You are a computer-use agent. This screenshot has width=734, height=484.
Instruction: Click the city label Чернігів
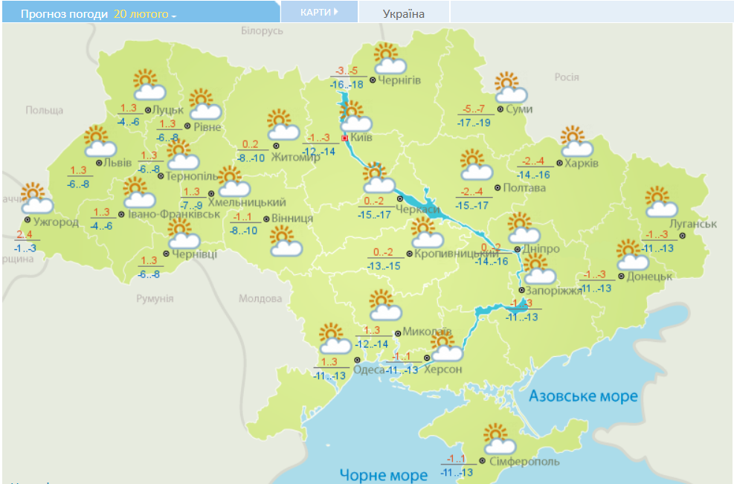(399, 80)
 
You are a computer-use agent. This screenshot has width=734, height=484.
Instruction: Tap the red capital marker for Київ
(345, 138)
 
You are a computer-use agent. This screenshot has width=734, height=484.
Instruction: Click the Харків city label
(580, 163)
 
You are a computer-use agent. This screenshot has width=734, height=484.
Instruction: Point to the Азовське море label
(583, 396)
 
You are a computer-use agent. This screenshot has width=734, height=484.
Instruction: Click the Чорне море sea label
(383, 474)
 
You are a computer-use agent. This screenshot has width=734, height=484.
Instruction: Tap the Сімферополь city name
(524, 462)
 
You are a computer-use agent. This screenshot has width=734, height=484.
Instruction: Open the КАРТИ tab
(319, 13)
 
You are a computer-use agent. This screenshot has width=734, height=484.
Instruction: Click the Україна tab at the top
(404, 13)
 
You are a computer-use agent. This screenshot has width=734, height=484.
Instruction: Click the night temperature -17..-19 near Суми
(474, 122)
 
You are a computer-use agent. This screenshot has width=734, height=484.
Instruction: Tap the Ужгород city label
(56, 222)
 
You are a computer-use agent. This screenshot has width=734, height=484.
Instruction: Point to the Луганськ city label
(693, 223)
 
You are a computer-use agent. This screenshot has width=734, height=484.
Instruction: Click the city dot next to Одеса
(347, 359)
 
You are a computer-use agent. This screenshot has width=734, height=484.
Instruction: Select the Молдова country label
(260, 298)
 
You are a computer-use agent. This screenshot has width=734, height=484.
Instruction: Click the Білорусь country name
(263, 31)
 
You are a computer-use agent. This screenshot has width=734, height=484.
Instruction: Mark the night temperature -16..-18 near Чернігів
(347, 85)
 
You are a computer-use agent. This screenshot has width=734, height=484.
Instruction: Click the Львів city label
(118, 163)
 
